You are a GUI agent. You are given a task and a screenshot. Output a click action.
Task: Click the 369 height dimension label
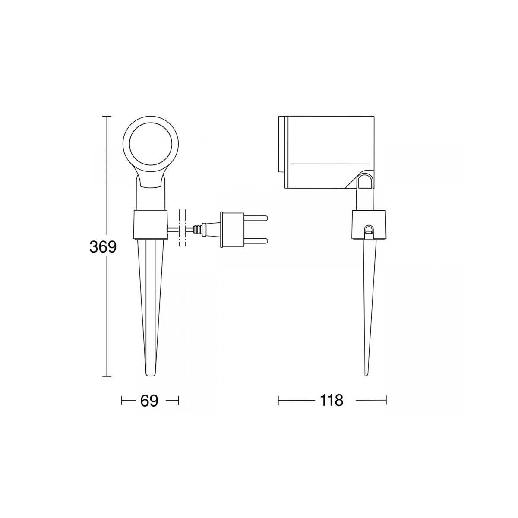(103, 247)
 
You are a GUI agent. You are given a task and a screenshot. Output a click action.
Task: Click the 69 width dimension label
(149, 401)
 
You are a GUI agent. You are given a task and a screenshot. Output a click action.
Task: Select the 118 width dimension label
(332, 401)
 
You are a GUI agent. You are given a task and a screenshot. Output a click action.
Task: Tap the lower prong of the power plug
(255, 240)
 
